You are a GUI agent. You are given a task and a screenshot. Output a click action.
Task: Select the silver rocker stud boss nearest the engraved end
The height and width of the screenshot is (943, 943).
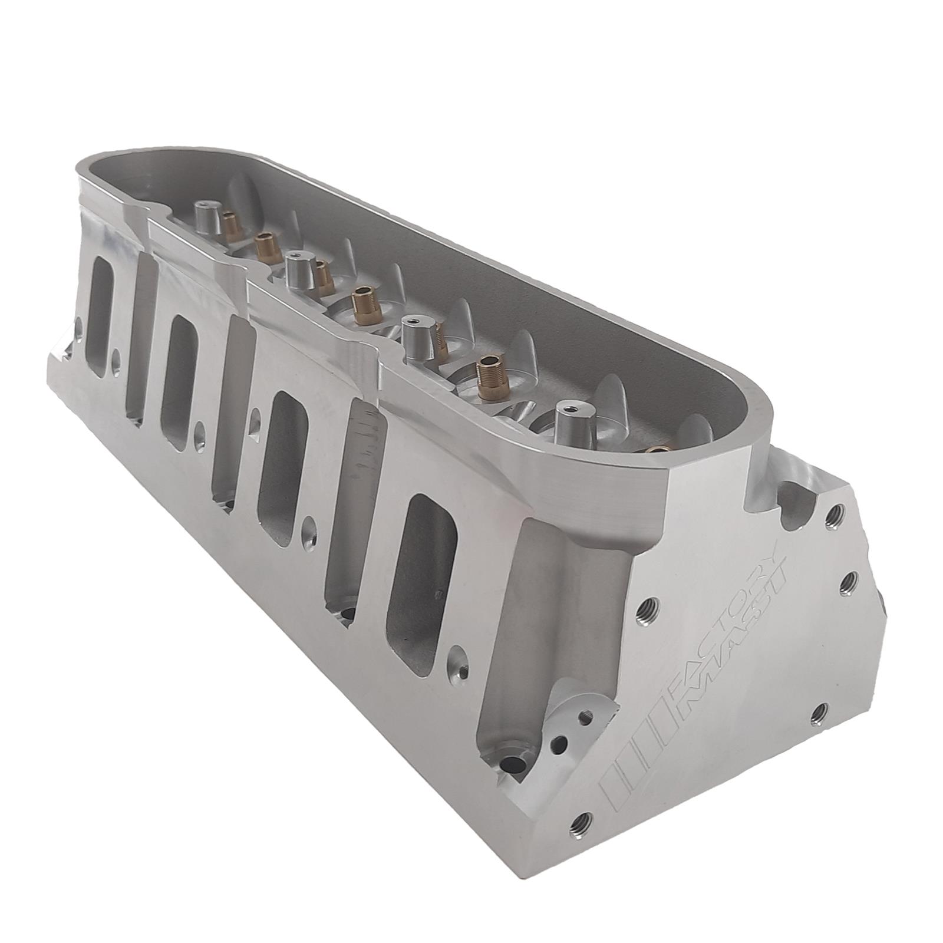coord(569,420)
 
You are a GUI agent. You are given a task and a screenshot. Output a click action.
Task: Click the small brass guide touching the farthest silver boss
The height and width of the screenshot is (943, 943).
coord(230,225)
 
